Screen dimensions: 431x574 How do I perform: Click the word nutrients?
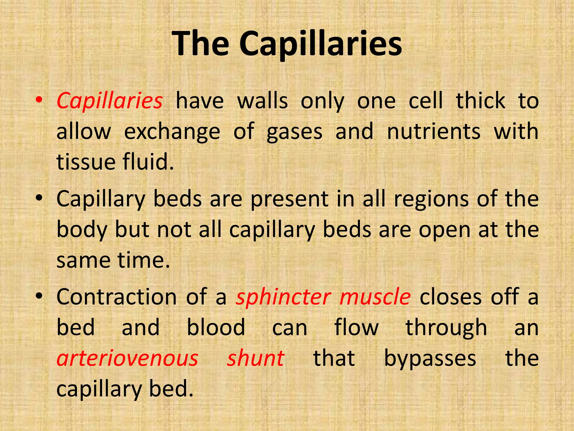434,131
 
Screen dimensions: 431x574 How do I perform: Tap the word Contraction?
117,297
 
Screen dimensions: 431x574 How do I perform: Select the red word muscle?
375,297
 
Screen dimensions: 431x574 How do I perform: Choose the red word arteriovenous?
128,359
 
